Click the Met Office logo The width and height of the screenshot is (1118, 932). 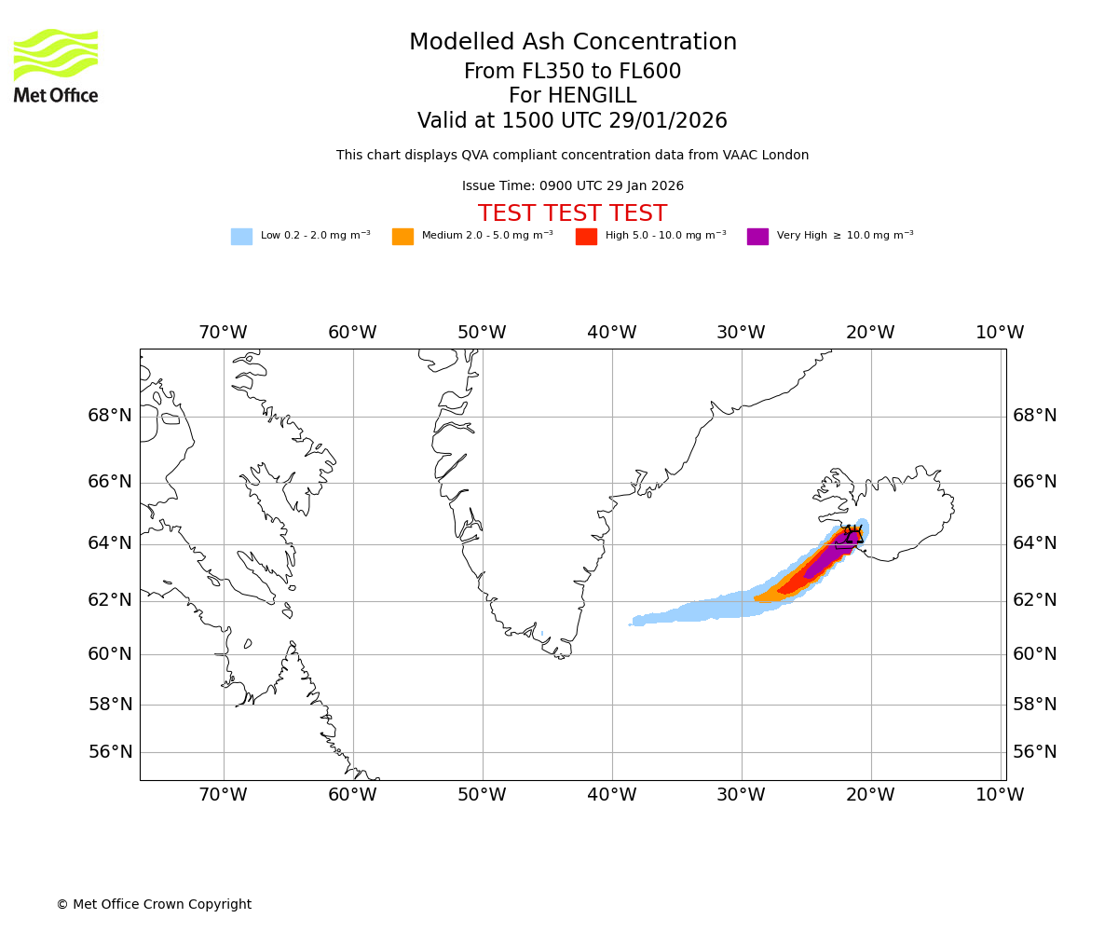56,65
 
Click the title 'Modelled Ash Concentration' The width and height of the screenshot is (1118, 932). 572,43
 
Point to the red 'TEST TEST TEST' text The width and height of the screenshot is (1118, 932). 572,213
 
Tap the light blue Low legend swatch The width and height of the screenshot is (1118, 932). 241,237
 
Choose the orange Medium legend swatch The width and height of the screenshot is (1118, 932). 402,237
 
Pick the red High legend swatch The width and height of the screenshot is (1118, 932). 586,237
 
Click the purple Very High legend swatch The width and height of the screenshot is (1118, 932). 757,237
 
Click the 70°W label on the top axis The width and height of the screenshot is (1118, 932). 223,333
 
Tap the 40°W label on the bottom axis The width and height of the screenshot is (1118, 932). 611,795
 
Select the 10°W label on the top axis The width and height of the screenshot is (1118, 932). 1000,333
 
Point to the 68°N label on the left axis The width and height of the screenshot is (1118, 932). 110,416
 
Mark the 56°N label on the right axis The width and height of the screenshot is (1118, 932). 1035,752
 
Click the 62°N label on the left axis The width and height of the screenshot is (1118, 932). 110,600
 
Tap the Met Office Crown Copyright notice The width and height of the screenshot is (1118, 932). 154,904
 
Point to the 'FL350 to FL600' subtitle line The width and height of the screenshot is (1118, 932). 572,72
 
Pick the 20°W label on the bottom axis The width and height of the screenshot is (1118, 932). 870,795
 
